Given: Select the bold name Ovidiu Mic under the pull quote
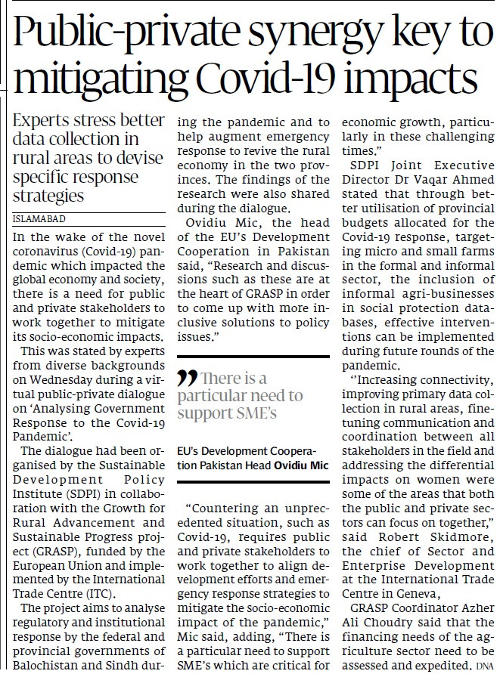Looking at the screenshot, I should click(x=301, y=465).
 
